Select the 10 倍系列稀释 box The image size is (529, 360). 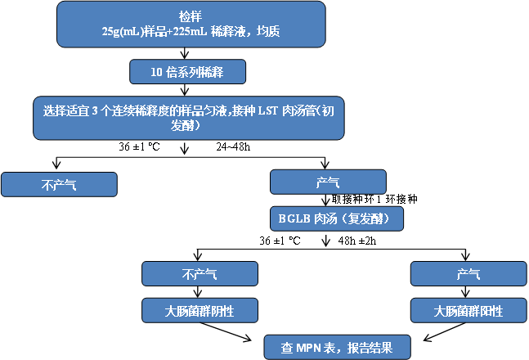click(x=189, y=72)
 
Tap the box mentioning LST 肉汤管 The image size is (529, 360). click(x=189, y=119)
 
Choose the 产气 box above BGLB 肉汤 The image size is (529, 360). click(x=327, y=182)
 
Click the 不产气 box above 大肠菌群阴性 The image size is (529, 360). click(x=199, y=274)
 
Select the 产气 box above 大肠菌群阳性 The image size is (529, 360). click(x=467, y=274)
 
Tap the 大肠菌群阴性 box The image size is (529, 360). click(x=199, y=310)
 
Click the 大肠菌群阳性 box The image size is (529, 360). click(x=467, y=310)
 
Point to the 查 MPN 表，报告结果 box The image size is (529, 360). click(x=337, y=347)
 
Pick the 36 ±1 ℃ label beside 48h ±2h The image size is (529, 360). click(x=280, y=241)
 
